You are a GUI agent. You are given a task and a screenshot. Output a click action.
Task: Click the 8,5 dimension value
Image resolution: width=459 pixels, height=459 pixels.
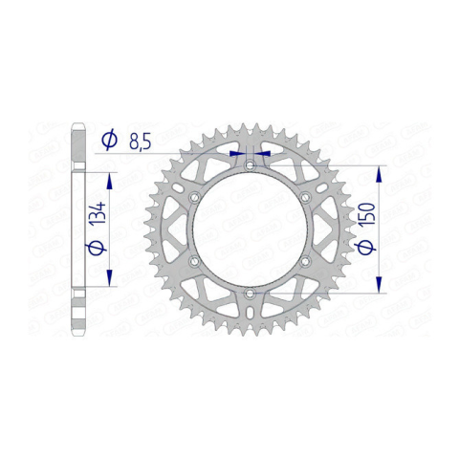tap(140, 142)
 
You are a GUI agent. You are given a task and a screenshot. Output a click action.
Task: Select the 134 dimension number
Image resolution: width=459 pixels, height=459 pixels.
tap(98, 213)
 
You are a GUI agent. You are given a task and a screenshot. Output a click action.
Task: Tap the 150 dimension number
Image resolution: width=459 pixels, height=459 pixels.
tap(365, 215)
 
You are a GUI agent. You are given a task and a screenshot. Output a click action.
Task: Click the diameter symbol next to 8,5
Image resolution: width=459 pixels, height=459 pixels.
tap(109, 140)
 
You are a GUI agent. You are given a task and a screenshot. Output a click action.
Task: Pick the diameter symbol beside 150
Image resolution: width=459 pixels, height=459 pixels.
tap(365, 247)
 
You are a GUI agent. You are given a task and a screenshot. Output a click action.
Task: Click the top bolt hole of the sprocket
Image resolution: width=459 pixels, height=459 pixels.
tap(250, 165)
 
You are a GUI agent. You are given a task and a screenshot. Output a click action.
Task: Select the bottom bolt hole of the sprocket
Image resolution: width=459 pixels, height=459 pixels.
tap(250, 294)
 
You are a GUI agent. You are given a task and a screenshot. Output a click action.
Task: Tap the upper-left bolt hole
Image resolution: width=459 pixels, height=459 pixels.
tap(194, 198)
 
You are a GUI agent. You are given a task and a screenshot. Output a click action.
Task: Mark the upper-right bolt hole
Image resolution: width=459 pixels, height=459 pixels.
tap(305, 198)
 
